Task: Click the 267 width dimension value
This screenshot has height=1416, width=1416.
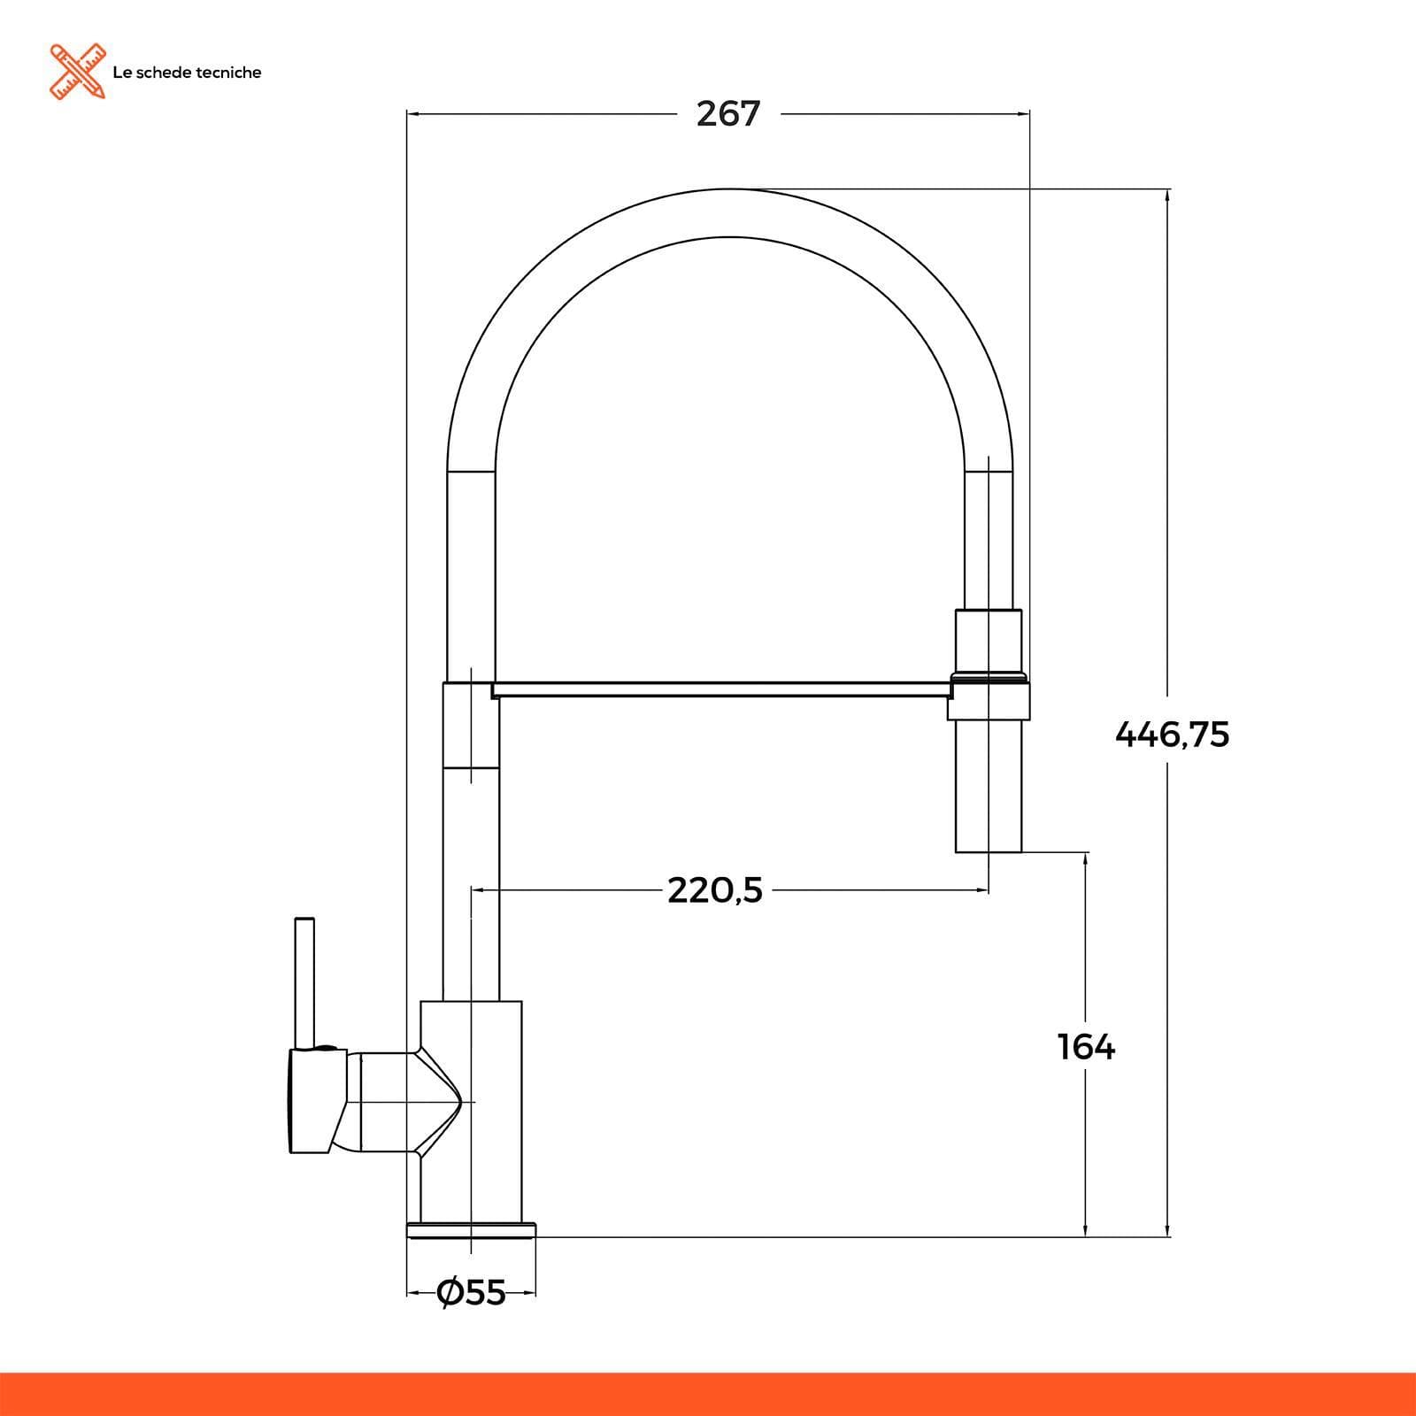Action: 728,114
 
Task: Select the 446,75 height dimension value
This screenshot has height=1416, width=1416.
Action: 1172,735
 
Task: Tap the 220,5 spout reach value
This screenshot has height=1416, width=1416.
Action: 715,890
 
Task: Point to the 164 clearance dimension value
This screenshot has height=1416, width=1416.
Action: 1087,1047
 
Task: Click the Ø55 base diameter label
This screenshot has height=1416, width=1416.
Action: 472,1293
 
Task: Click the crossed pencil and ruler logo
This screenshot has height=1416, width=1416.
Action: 78,71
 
